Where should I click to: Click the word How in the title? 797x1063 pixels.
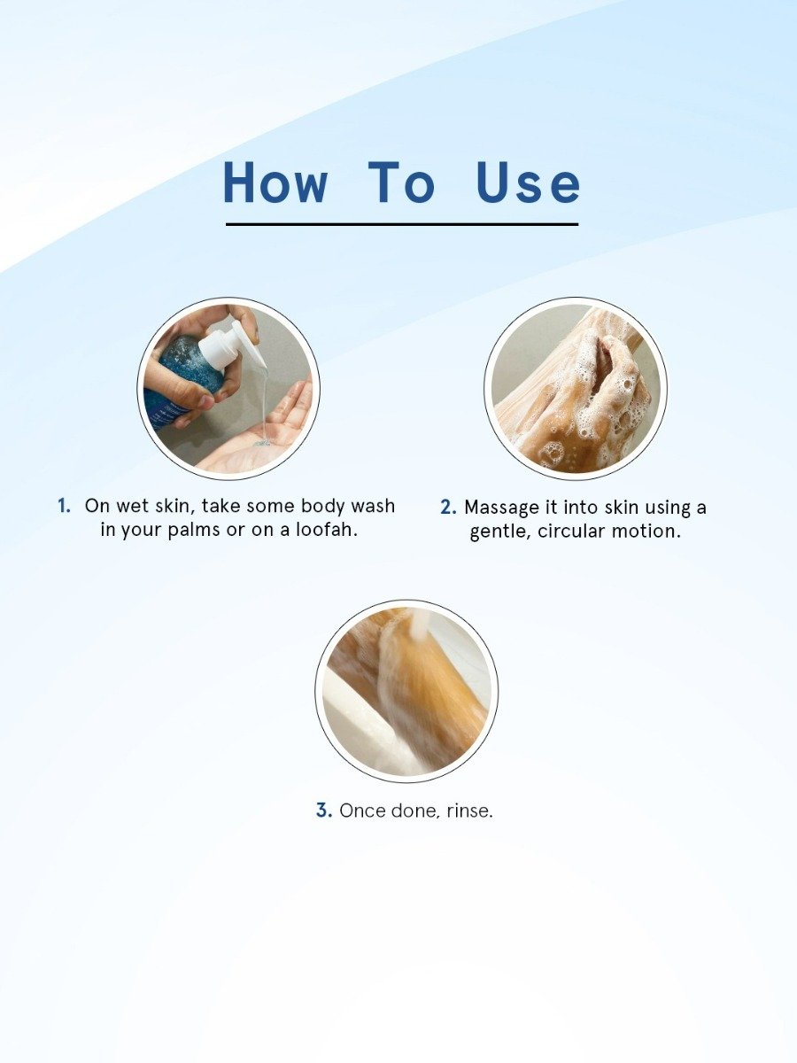coord(275,182)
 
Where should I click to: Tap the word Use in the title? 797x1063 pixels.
coord(528,182)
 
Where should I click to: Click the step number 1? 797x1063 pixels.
coord(64,506)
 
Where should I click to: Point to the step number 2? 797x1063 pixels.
coord(448,508)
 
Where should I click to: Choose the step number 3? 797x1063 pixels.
coord(324,811)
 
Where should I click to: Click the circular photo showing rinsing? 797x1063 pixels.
coord(406,691)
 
